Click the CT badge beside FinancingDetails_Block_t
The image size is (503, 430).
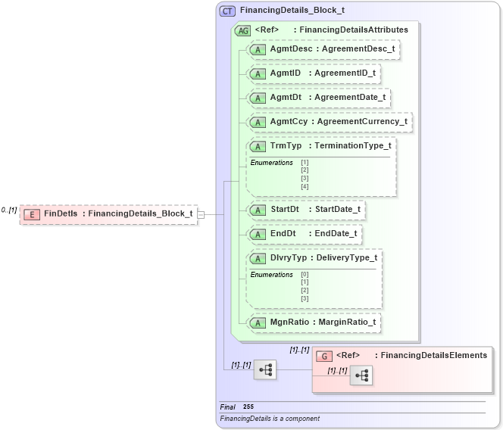[x=227, y=11]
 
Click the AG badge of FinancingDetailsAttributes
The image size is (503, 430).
[x=243, y=30]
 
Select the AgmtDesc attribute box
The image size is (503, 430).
[x=323, y=49]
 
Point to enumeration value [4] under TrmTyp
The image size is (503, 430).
[x=305, y=186]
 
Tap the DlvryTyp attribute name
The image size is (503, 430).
[x=289, y=257]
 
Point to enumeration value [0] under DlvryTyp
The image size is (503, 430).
[x=305, y=274]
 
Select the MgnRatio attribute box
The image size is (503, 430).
[x=314, y=322]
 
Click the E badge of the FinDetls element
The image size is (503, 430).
[x=32, y=214]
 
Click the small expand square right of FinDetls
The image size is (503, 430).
[x=201, y=214]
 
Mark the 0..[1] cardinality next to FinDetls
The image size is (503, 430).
[x=8, y=210]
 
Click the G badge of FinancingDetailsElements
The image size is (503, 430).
[x=323, y=355]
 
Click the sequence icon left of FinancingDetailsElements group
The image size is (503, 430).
[x=265, y=369]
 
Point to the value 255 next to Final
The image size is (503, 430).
[x=248, y=407]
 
